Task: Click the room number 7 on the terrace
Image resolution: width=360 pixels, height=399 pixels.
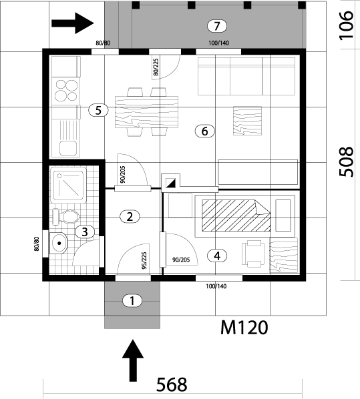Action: (217, 26)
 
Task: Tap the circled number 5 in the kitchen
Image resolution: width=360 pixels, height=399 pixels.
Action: (98, 111)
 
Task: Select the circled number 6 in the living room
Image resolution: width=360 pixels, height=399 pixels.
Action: (204, 131)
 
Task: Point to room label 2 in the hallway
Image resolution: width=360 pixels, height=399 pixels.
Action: (130, 217)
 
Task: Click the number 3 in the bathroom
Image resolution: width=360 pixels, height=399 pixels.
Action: (85, 232)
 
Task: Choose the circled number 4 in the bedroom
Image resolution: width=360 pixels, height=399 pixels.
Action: (217, 256)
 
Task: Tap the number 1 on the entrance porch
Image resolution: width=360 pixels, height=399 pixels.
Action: (132, 301)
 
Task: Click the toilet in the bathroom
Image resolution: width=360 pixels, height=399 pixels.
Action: (65, 217)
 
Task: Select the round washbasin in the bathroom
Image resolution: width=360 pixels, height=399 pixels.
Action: (59, 244)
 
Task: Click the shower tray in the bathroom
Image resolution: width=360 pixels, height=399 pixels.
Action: (67, 185)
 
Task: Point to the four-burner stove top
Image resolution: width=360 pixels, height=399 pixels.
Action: (65, 91)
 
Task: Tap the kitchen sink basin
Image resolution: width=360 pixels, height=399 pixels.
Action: (68, 149)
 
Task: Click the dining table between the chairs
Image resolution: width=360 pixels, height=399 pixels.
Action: (146, 111)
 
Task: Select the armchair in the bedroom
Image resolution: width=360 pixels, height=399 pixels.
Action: (253, 254)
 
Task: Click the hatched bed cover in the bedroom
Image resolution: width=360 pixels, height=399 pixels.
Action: (236, 216)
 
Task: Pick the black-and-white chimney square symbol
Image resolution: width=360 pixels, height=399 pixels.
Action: (171, 183)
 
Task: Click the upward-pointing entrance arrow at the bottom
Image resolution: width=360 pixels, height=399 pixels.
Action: (133, 360)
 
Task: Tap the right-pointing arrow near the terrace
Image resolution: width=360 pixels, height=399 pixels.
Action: (73, 23)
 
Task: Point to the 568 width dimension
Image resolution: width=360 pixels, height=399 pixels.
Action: (172, 384)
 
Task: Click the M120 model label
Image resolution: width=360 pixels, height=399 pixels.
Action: (244, 328)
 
